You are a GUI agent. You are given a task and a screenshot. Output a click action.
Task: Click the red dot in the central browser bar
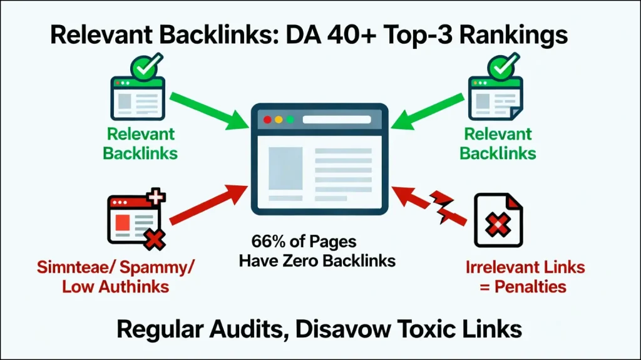268,119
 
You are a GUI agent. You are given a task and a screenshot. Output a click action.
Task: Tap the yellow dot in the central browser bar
279,119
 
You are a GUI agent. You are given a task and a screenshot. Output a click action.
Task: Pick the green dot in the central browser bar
290,119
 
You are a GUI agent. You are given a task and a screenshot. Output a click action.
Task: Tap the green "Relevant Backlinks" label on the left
140,143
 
